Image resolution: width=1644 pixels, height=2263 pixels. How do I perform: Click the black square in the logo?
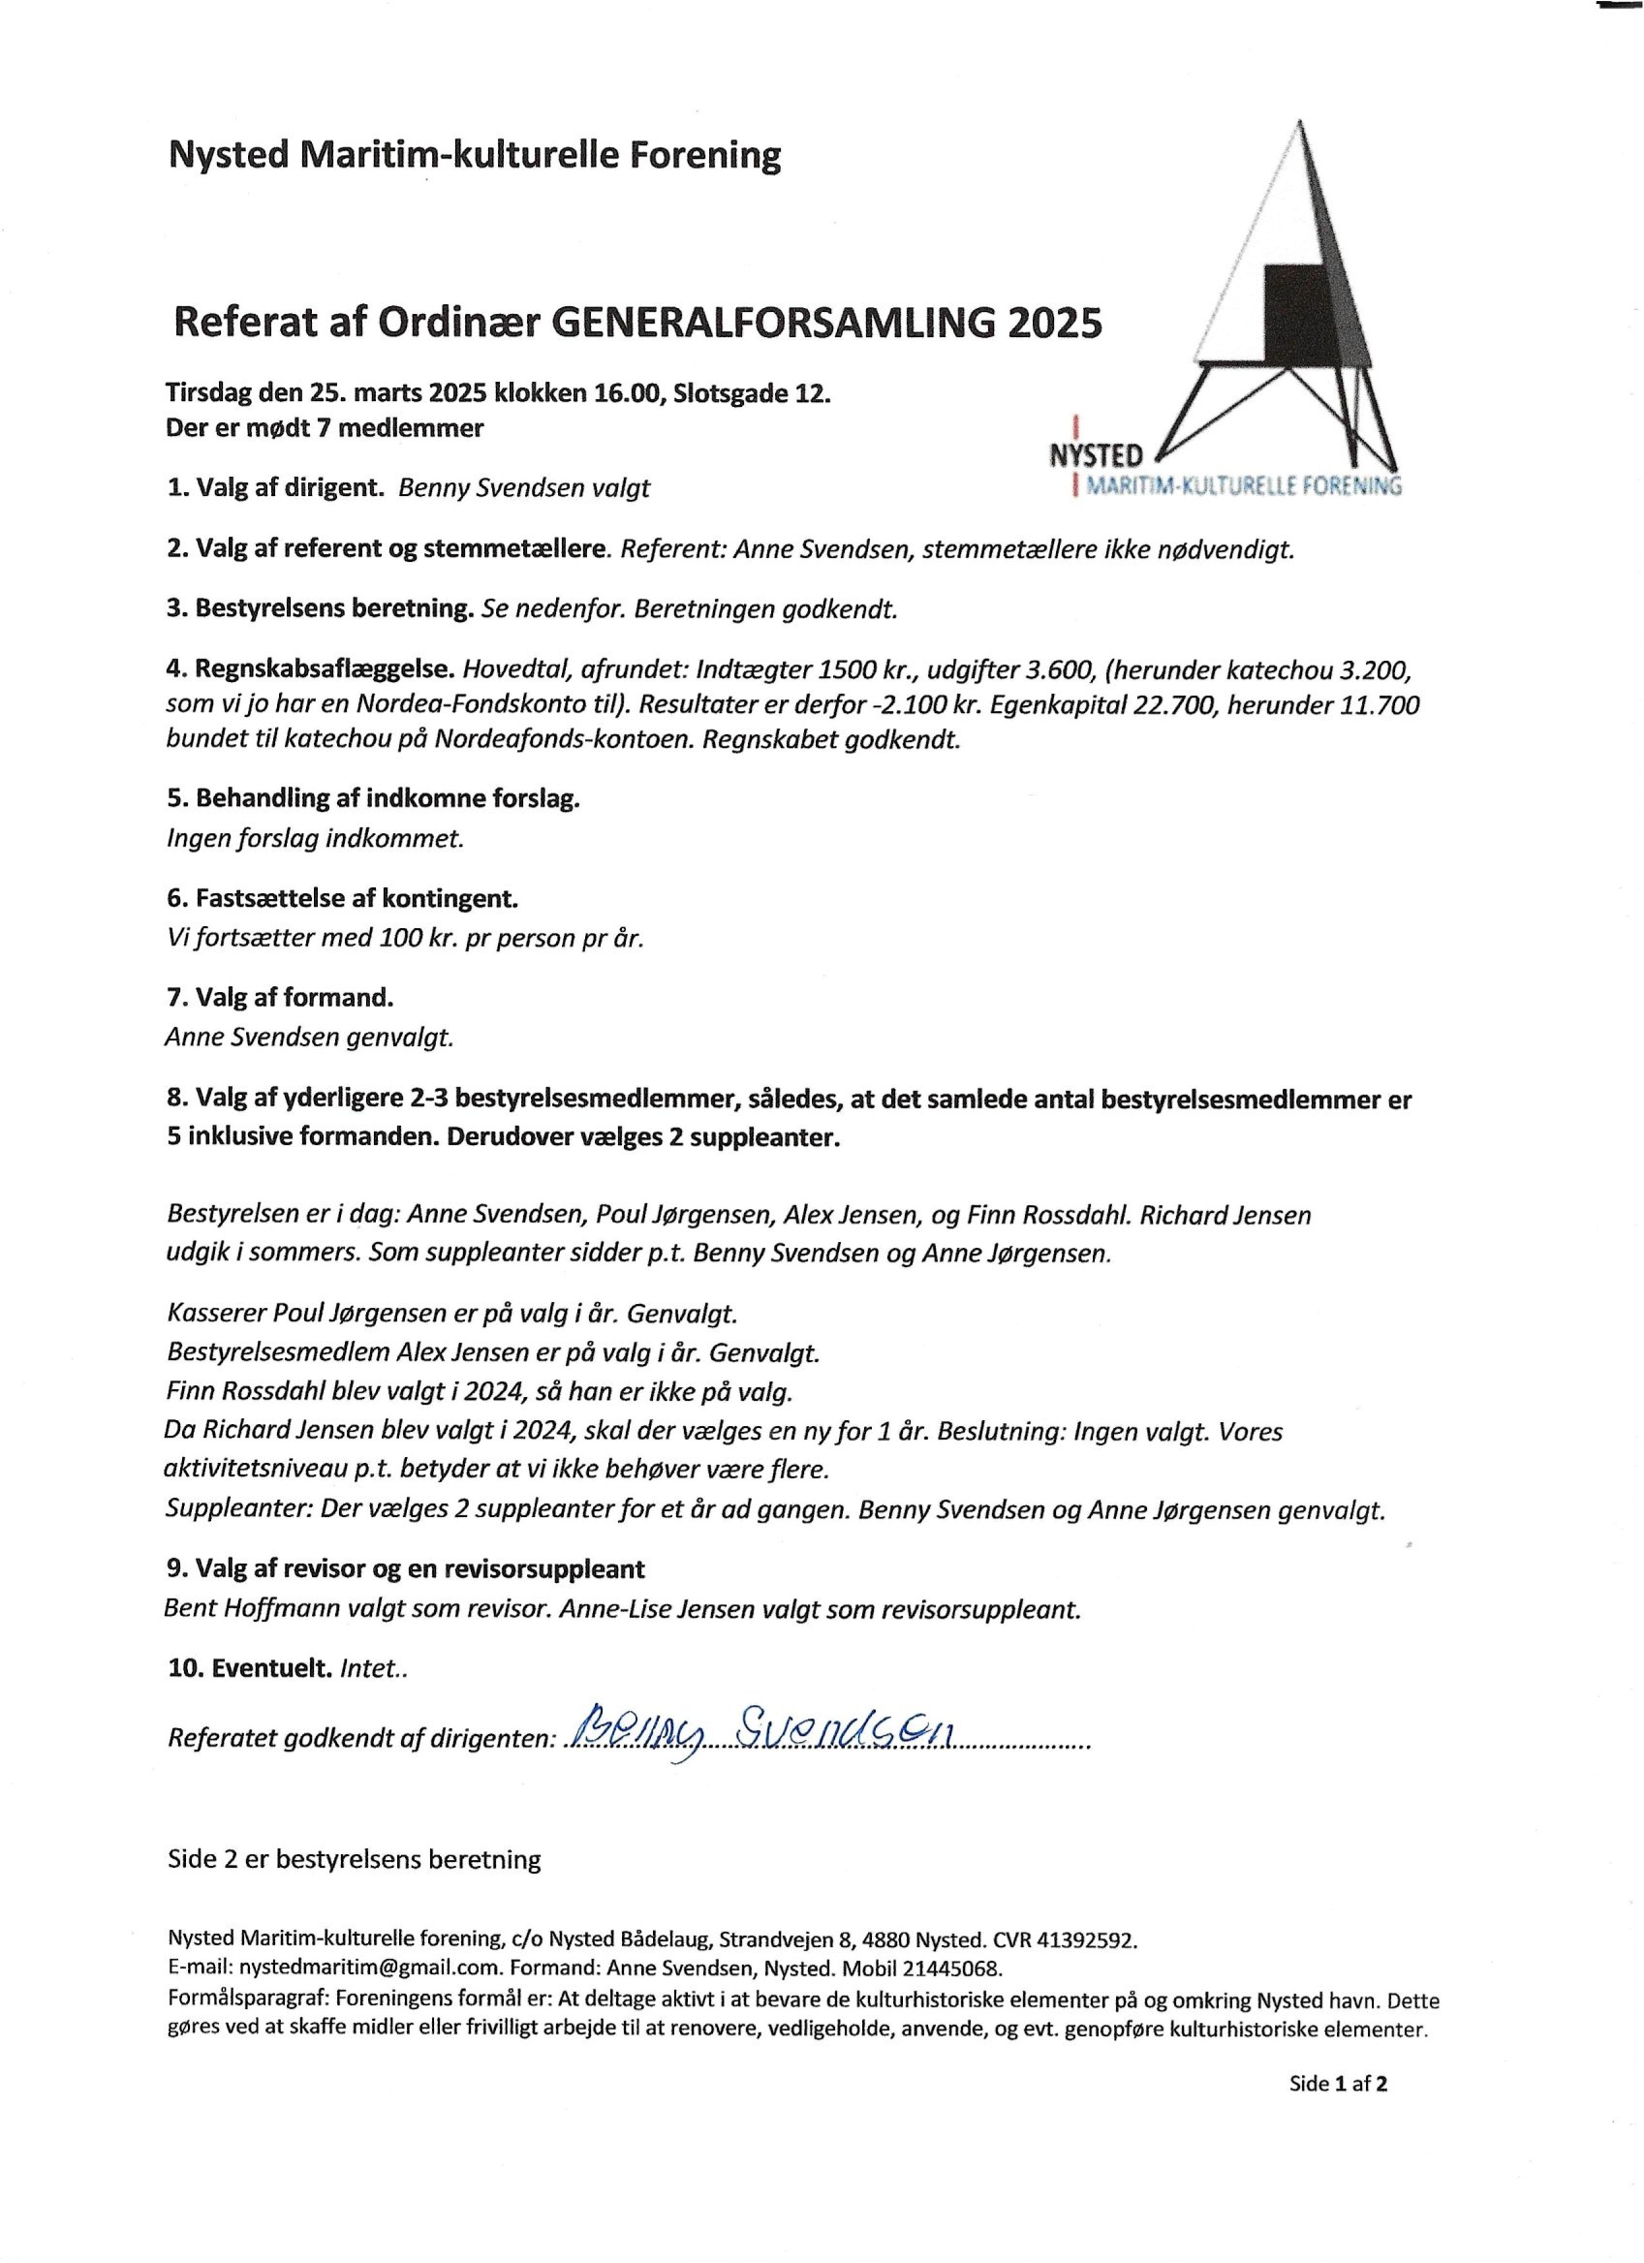[1292, 314]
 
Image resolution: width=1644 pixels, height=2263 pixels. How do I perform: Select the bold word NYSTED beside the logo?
[1097, 456]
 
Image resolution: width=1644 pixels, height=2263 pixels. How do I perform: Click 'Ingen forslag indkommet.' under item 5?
[315, 838]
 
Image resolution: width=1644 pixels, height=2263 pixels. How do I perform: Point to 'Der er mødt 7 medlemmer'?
[326, 428]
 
